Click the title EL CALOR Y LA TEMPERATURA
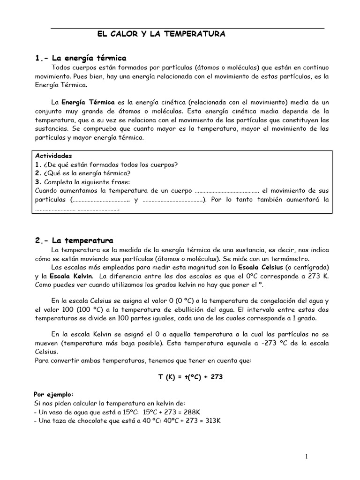[x=161, y=34]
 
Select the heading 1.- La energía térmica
[x=81, y=58]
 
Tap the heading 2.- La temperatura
[x=74, y=240]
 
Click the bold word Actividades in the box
[x=54, y=156]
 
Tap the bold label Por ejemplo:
[x=54, y=394]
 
